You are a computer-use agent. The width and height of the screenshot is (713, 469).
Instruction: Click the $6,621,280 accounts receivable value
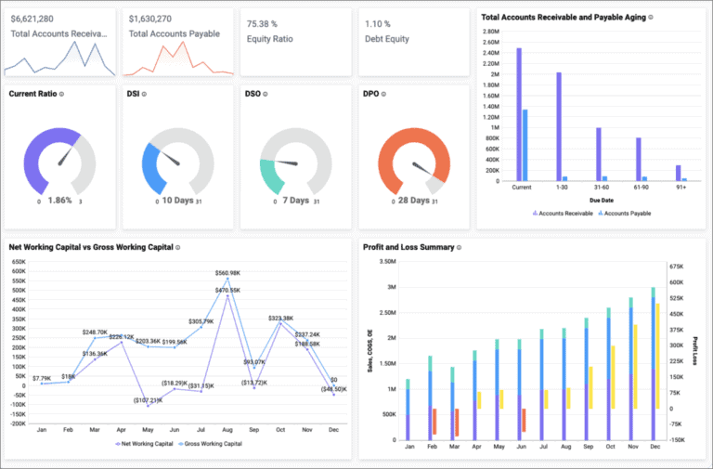coord(32,18)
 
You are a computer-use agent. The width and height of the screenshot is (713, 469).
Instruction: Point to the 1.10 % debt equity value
coord(378,22)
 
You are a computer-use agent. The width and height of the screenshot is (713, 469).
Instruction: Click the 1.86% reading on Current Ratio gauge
coord(59,201)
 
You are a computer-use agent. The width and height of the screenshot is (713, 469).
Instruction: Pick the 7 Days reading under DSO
coord(296,201)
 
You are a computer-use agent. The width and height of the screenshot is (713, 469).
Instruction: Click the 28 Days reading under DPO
coord(414,201)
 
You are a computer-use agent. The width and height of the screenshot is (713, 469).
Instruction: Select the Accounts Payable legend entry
coord(626,213)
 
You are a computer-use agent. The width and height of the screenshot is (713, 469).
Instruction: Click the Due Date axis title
coord(601,199)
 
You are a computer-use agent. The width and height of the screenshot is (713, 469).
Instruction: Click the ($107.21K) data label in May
coord(147,400)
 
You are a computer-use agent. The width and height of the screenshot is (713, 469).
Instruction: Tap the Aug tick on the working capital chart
coord(227,429)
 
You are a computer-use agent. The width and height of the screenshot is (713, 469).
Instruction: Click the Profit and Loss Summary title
coord(409,247)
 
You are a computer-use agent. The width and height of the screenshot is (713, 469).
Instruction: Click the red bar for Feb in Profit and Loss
coord(434,422)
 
